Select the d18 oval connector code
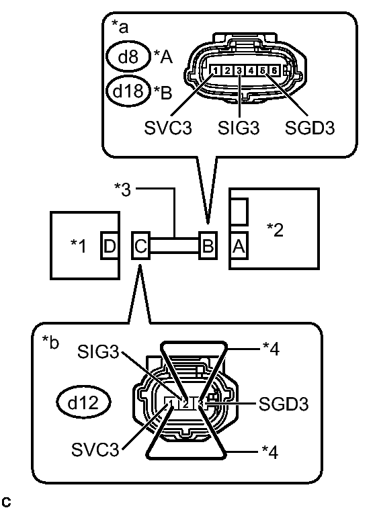128,91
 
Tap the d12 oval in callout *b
84,403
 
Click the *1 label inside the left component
79,246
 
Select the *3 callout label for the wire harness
124,189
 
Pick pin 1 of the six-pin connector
213,70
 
